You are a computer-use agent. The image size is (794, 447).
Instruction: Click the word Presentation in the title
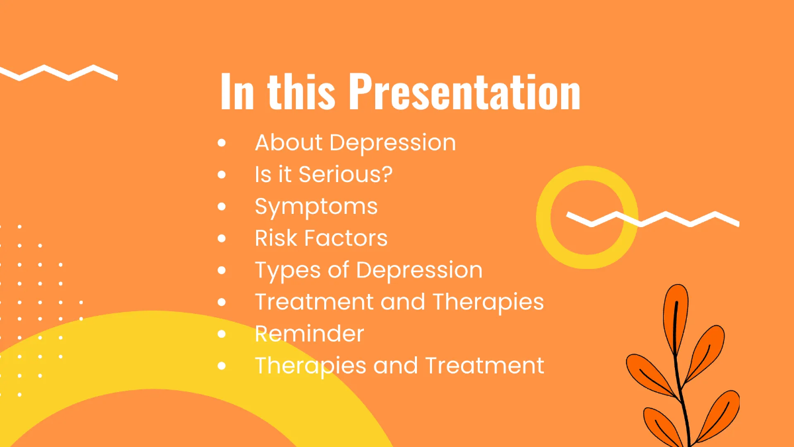(464, 92)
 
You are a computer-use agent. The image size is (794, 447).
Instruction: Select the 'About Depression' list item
(355, 142)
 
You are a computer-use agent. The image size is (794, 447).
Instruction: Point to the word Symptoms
(316, 207)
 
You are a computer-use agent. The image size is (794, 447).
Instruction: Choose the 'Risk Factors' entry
(321, 238)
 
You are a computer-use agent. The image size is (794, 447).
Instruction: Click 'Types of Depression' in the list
(369, 270)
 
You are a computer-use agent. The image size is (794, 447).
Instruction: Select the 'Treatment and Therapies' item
(399, 301)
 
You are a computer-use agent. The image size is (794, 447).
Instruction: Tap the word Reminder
(309, 333)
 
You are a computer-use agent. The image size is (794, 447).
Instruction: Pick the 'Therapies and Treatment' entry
(399, 365)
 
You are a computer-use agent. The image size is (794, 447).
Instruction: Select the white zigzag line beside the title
(60, 72)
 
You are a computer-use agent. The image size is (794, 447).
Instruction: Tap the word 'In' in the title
(237, 92)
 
